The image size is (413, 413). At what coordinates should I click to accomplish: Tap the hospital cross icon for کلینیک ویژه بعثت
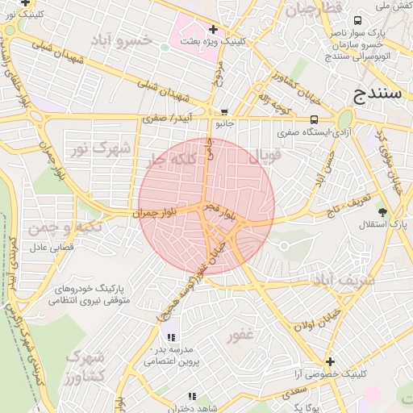[x=212, y=29]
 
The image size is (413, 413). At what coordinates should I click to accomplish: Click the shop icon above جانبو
[x=224, y=112]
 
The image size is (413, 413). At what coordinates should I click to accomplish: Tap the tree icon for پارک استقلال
[x=382, y=212]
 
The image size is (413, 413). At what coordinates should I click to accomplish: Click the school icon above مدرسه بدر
[x=170, y=337]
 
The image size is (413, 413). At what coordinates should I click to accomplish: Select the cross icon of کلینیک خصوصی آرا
[x=329, y=361]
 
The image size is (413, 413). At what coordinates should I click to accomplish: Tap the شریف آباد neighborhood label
[x=343, y=280]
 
